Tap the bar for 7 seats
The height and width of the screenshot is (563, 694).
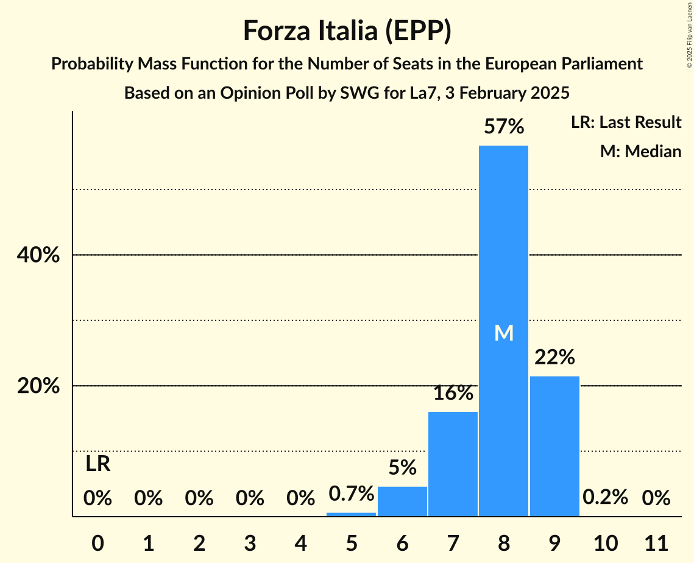tap(453, 464)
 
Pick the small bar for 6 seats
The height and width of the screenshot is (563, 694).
tap(402, 501)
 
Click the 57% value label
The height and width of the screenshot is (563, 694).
tap(503, 127)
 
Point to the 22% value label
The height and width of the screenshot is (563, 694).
tap(554, 357)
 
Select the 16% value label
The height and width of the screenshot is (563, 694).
tap(453, 393)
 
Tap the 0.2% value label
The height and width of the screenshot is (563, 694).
tap(605, 497)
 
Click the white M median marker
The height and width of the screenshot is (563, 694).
tap(504, 333)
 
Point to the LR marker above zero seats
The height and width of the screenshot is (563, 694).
tap(97, 464)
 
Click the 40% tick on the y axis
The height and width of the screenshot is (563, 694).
tap(38, 255)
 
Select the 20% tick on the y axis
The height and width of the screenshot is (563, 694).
tap(38, 386)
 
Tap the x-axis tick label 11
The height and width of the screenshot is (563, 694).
tap(656, 542)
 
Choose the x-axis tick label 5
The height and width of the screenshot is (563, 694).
tap(352, 542)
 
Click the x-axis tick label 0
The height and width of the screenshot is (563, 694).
tap(97, 542)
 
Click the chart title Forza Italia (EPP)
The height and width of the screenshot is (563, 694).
tap(347, 30)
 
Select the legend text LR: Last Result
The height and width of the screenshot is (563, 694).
tap(626, 122)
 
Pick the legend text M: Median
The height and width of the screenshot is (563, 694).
tap(640, 151)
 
